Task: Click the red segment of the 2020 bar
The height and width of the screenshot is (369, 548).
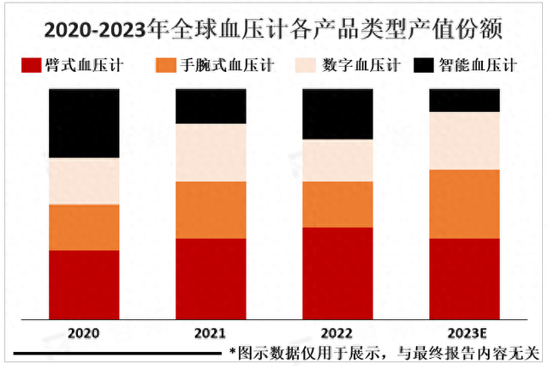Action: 84,284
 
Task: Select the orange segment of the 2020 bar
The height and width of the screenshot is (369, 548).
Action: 84,227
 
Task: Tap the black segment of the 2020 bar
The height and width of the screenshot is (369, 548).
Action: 84,122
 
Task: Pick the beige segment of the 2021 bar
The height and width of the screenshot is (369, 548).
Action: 211,152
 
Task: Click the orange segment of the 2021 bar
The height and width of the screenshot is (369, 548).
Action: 211,210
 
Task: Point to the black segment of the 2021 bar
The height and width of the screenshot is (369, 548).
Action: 211,105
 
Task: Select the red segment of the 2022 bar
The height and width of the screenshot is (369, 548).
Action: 337,273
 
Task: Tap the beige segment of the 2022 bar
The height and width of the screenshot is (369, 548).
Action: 337,160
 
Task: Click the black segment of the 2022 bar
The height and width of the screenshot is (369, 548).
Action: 337,114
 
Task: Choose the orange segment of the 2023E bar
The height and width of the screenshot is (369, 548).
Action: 464,204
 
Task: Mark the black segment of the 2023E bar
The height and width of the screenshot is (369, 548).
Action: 464,99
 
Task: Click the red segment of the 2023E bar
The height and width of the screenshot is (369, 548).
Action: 464,278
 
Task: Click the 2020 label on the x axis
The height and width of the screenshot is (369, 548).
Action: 84,333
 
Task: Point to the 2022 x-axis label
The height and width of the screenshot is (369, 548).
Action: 337,333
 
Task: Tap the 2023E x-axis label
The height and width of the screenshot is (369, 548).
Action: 464,333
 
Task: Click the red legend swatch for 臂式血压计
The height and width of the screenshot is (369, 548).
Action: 32,66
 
